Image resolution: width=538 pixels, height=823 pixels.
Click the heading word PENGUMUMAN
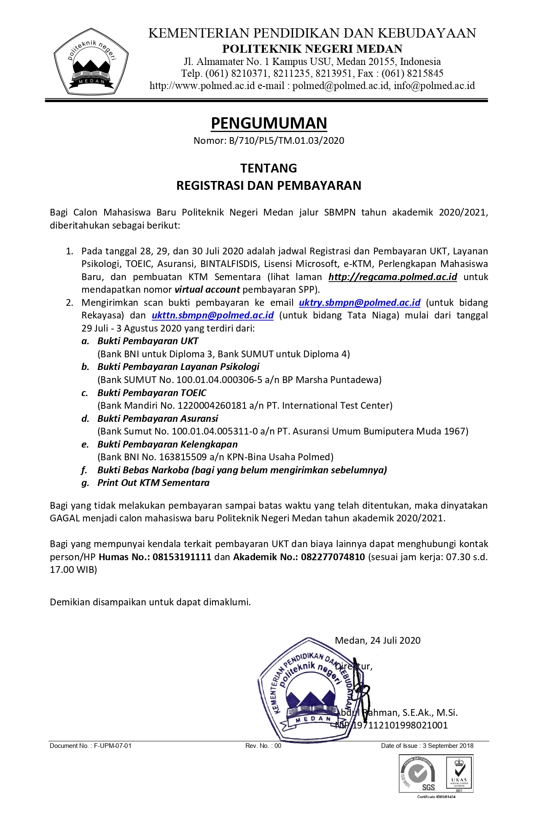(x=269, y=123)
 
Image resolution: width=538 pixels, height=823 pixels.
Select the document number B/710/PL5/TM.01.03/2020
(x=286, y=141)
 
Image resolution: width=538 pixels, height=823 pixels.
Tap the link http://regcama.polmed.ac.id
(x=393, y=277)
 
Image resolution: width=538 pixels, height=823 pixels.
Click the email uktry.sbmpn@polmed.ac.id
(x=360, y=303)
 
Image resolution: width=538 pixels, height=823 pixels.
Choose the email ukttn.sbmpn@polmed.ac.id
(x=213, y=316)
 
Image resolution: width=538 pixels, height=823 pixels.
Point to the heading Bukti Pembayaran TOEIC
(x=152, y=393)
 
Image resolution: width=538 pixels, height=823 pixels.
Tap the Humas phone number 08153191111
(x=182, y=557)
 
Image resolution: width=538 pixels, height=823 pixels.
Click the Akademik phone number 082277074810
(x=333, y=557)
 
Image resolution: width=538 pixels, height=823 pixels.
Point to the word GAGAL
(x=65, y=518)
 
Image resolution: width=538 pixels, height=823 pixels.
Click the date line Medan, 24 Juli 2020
(x=377, y=641)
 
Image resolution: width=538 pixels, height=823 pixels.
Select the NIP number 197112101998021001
(x=400, y=726)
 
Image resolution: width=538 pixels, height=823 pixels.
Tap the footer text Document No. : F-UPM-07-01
(x=91, y=746)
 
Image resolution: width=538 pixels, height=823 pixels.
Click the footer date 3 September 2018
(x=448, y=746)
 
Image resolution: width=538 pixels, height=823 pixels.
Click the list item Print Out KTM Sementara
(x=153, y=483)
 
